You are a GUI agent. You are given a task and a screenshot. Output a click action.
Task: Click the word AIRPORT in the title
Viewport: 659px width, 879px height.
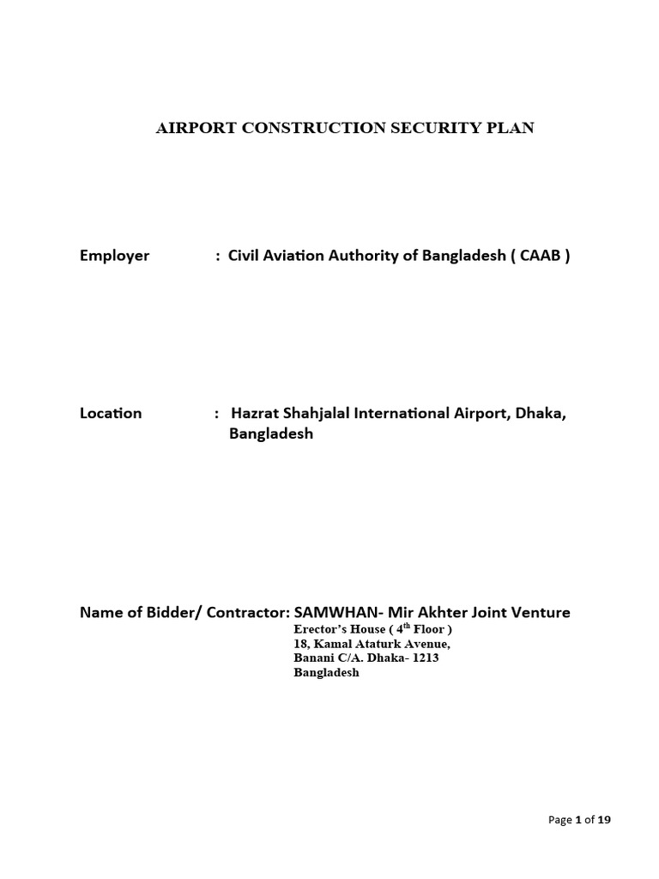(x=186, y=128)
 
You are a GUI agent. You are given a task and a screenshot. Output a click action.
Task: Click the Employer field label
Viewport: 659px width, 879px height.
(x=114, y=255)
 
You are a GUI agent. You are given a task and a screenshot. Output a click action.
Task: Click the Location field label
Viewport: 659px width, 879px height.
(x=111, y=413)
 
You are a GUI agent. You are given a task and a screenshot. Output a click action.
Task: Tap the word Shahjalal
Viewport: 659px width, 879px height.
(x=307, y=413)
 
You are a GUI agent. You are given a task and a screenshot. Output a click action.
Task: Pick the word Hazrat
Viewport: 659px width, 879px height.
(x=251, y=413)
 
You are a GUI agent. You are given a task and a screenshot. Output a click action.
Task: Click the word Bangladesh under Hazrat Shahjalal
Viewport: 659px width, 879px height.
(x=271, y=433)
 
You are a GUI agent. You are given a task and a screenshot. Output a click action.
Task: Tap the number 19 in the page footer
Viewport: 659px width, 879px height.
(x=604, y=820)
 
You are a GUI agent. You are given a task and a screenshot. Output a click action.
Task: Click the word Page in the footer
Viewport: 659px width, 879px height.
(x=559, y=820)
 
